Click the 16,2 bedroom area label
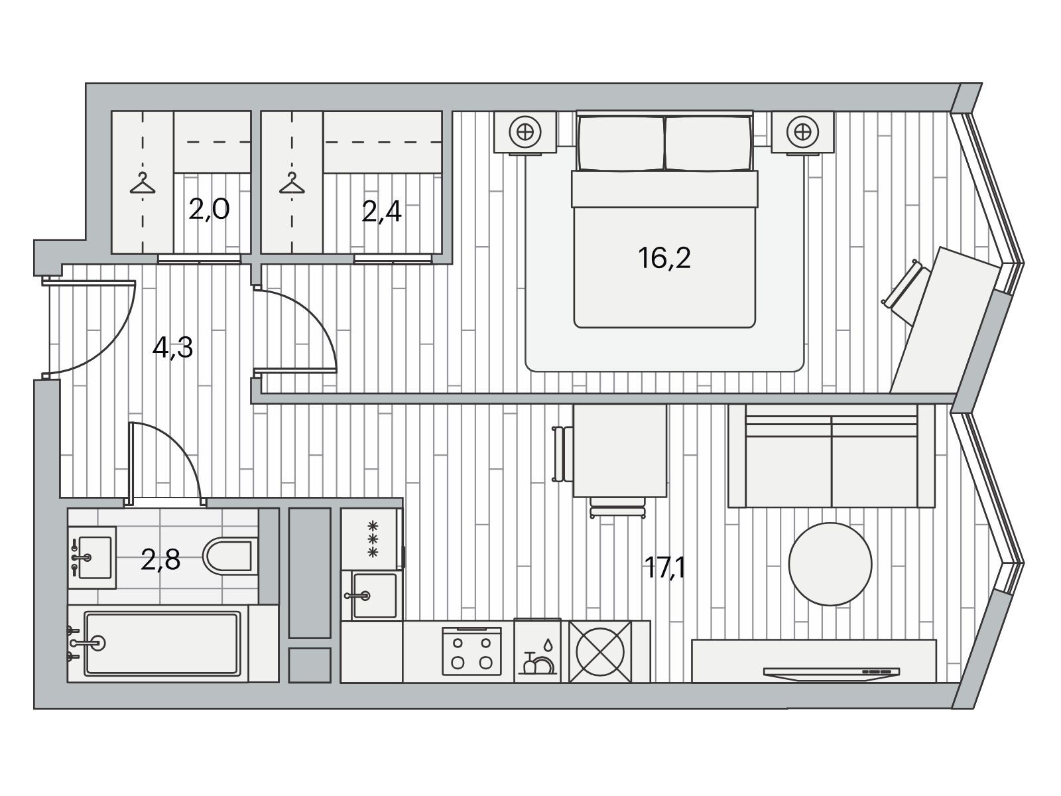point(664,258)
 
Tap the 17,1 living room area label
point(664,568)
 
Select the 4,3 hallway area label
point(172,348)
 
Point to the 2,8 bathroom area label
point(160,560)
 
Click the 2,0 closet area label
point(209,209)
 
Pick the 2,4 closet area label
point(381,212)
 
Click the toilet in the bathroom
point(229,555)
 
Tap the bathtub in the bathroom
point(162,643)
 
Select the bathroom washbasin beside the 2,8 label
point(92,557)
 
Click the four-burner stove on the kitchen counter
point(471,651)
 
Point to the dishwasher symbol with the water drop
point(537,651)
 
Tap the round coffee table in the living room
point(830,564)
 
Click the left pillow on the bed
point(621,143)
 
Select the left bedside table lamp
point(525,131)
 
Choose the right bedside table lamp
point(802,131)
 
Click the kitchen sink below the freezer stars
point(371,596)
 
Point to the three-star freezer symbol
point(373,539)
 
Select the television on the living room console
point(832,673)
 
